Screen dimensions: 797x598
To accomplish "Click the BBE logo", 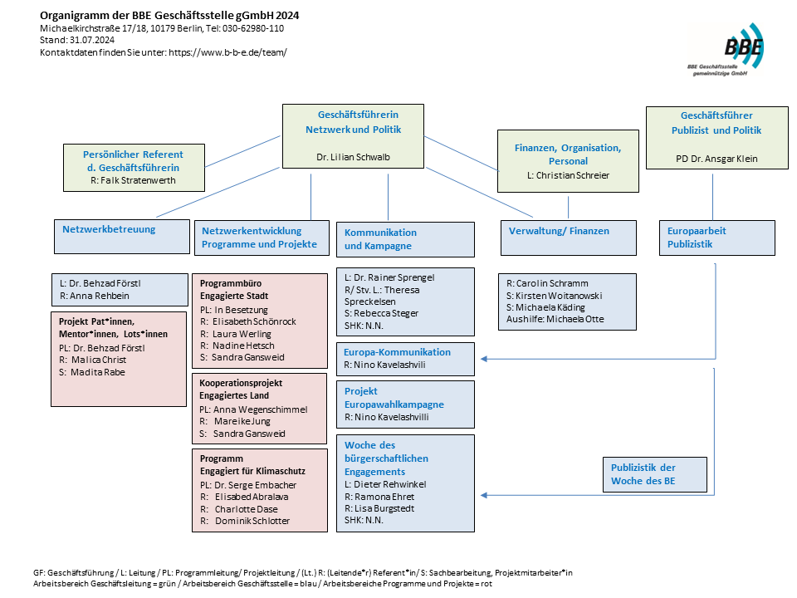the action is click(726, 50).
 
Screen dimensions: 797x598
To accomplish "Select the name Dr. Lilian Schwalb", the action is click(353, 157).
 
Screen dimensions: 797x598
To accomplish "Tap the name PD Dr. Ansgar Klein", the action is click(716, 159).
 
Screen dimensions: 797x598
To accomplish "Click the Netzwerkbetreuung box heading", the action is click(109, 229).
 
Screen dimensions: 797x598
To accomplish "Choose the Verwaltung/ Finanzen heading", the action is click(559, 231).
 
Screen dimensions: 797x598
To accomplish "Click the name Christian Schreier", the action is click(572, 175).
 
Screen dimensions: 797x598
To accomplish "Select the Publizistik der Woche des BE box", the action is click(655, 474).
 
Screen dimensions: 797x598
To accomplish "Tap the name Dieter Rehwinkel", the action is click(390, 484).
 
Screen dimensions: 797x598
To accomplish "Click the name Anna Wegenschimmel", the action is click(260, 409).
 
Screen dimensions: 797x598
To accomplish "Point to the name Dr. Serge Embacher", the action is click(255, 485).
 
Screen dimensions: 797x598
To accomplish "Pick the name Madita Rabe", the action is click(98, 372).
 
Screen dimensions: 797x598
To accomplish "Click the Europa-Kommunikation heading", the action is click(397, 352).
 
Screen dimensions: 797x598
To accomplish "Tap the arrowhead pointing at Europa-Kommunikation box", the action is click(484, 359).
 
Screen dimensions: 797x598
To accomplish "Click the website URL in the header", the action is click(227, 51).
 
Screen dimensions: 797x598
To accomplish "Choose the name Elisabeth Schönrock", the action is click(254, 322).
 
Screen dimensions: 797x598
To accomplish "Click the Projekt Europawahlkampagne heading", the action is click(394, 398).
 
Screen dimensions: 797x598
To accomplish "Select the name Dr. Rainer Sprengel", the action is click(394, 277).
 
